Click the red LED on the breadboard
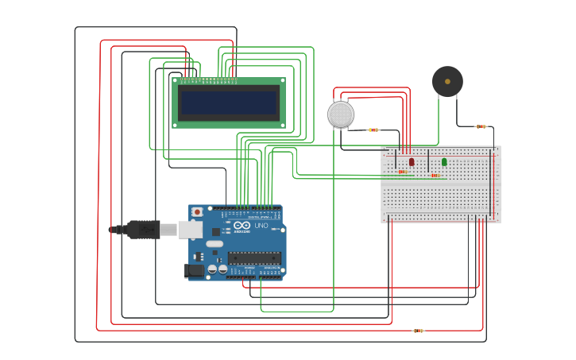[412, 161]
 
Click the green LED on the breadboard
[444, 162]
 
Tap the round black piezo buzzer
[447, 82]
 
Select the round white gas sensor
[341, 114]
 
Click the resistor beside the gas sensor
[373, 130]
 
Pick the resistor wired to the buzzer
[481, 126]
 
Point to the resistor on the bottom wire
[419, 331]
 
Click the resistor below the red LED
[403, 172]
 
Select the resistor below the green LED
[435, 176]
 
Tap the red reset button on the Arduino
[197, 212]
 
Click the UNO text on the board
[261, 226]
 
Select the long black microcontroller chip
[254, 257]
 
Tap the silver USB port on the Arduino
[190, 229]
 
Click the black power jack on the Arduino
[195, 270]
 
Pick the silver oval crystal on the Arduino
[215, 244]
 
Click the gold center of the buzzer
[447, 81]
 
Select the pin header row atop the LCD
[208, 79]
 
